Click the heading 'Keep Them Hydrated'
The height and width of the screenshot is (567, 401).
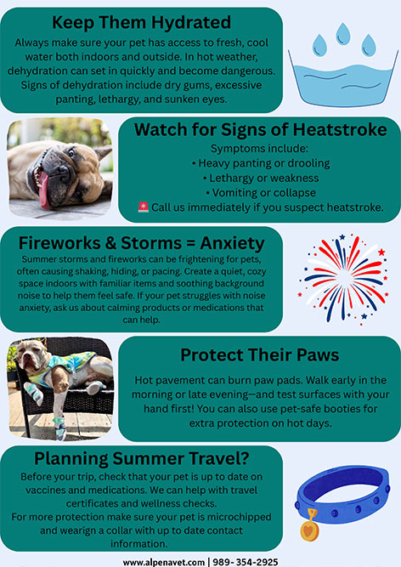click(141, 22)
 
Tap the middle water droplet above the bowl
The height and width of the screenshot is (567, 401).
click(343, 34)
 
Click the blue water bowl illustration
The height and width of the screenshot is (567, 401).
click(343, 80)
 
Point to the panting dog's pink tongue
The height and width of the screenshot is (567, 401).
click(44, 190)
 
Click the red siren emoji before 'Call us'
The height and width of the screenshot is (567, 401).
click(143, 207)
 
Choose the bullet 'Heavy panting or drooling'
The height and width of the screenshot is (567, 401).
click(261, 163)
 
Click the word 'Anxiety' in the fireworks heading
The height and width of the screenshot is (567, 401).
click(232, 243)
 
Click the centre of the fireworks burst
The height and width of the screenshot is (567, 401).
click(343, 279)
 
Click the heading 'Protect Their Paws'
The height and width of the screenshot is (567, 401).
click(260, 355)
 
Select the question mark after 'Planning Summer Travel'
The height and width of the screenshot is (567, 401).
click(244, 458)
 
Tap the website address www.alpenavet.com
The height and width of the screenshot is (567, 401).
click(164, 562)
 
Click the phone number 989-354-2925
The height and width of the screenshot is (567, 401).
click(246, 562)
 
